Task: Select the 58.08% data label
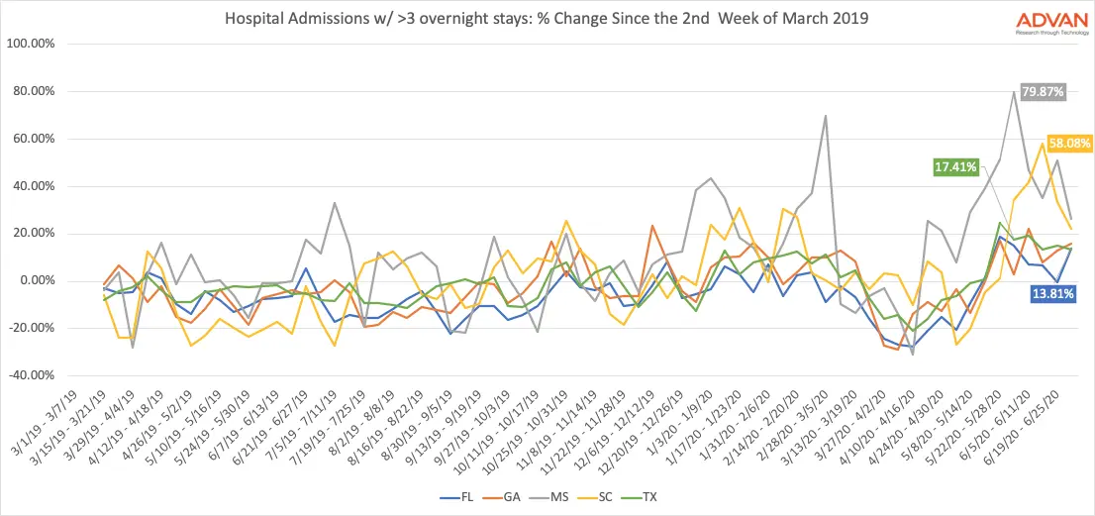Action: coord(1068,143)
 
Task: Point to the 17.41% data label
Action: coord(955,165)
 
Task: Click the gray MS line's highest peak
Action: coord(1015,92)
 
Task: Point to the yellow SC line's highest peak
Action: coord(1043,144)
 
